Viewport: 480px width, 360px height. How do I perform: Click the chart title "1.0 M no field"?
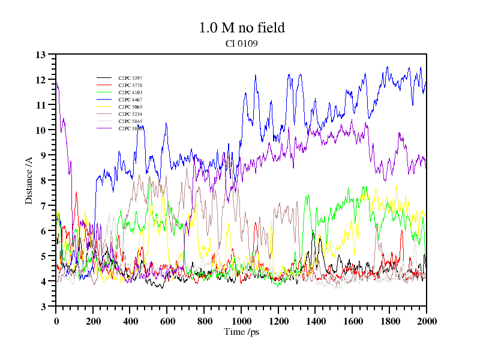click(x=241, y=28)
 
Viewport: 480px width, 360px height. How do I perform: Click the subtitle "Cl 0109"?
click(x=242, y=43)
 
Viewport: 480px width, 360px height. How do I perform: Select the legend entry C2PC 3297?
click(x=130, y=78)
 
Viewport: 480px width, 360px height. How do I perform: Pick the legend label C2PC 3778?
click(x=130, y=85)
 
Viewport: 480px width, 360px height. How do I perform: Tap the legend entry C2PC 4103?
click(x=130, y=92)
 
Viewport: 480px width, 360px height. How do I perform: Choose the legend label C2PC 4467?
click(x=130, y=100)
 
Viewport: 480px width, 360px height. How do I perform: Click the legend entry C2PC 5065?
click(x=130, y=107)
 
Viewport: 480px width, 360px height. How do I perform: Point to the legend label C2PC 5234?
click(x=130, y=114)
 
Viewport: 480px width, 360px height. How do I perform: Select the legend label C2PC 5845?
click(x=130, y=121)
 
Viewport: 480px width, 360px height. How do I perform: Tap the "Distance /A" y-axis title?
click(x=29, y=180)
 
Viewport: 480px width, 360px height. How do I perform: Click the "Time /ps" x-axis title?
click(x=241, y=332)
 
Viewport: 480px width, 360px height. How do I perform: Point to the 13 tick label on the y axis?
click(x=41, y=55)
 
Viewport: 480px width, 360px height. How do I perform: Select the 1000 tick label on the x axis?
click(x=241, y=321)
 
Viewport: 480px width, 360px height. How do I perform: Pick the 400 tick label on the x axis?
click(x=130, y=321)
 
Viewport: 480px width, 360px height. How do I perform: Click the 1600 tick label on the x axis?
click(x=352, y=321)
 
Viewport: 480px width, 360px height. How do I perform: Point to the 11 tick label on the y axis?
click(x=41, y=105)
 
